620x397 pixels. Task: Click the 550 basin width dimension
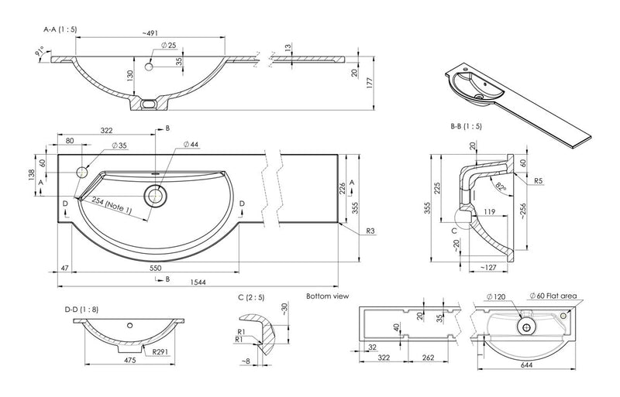pyautogui.click(x=155, y=265)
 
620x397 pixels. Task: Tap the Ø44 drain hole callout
pyautogui.click(x=190, y=144)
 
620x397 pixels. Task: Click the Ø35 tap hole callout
pyautogui.click(x=119, y=144)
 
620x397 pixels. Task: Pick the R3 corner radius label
pyautogui.click(x=371, y=231)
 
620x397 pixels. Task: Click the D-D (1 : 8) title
pyautogui.click(x=82, y=310)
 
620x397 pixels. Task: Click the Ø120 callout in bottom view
pyautogui.click(x=496, y=296)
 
